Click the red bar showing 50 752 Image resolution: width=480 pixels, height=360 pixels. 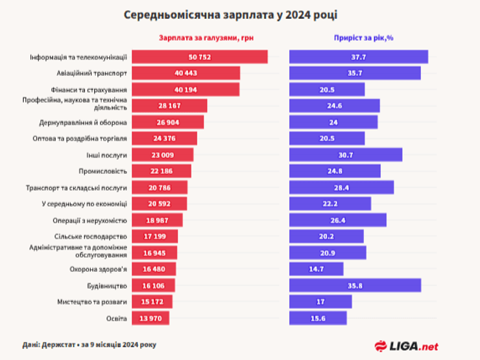[x=200, y=57]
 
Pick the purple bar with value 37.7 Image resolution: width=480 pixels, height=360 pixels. [x=358, y=57]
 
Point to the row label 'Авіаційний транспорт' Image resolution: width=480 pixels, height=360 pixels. [x=93, y=73]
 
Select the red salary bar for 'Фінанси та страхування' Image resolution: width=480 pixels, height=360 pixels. [x=186, y=89]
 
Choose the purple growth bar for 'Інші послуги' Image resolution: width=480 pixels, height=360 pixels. [x=346, y=154]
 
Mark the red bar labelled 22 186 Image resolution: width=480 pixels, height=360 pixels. [x=162, y=171]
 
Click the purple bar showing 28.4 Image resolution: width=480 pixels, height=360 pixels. [x=341, y=187]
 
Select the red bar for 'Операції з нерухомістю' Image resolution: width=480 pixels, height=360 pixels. [x=157, y=221]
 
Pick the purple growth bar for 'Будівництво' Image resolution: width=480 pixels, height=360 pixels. [x=355, y=285]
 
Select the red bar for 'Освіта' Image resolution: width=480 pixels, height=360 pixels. [x=150, y=318]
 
